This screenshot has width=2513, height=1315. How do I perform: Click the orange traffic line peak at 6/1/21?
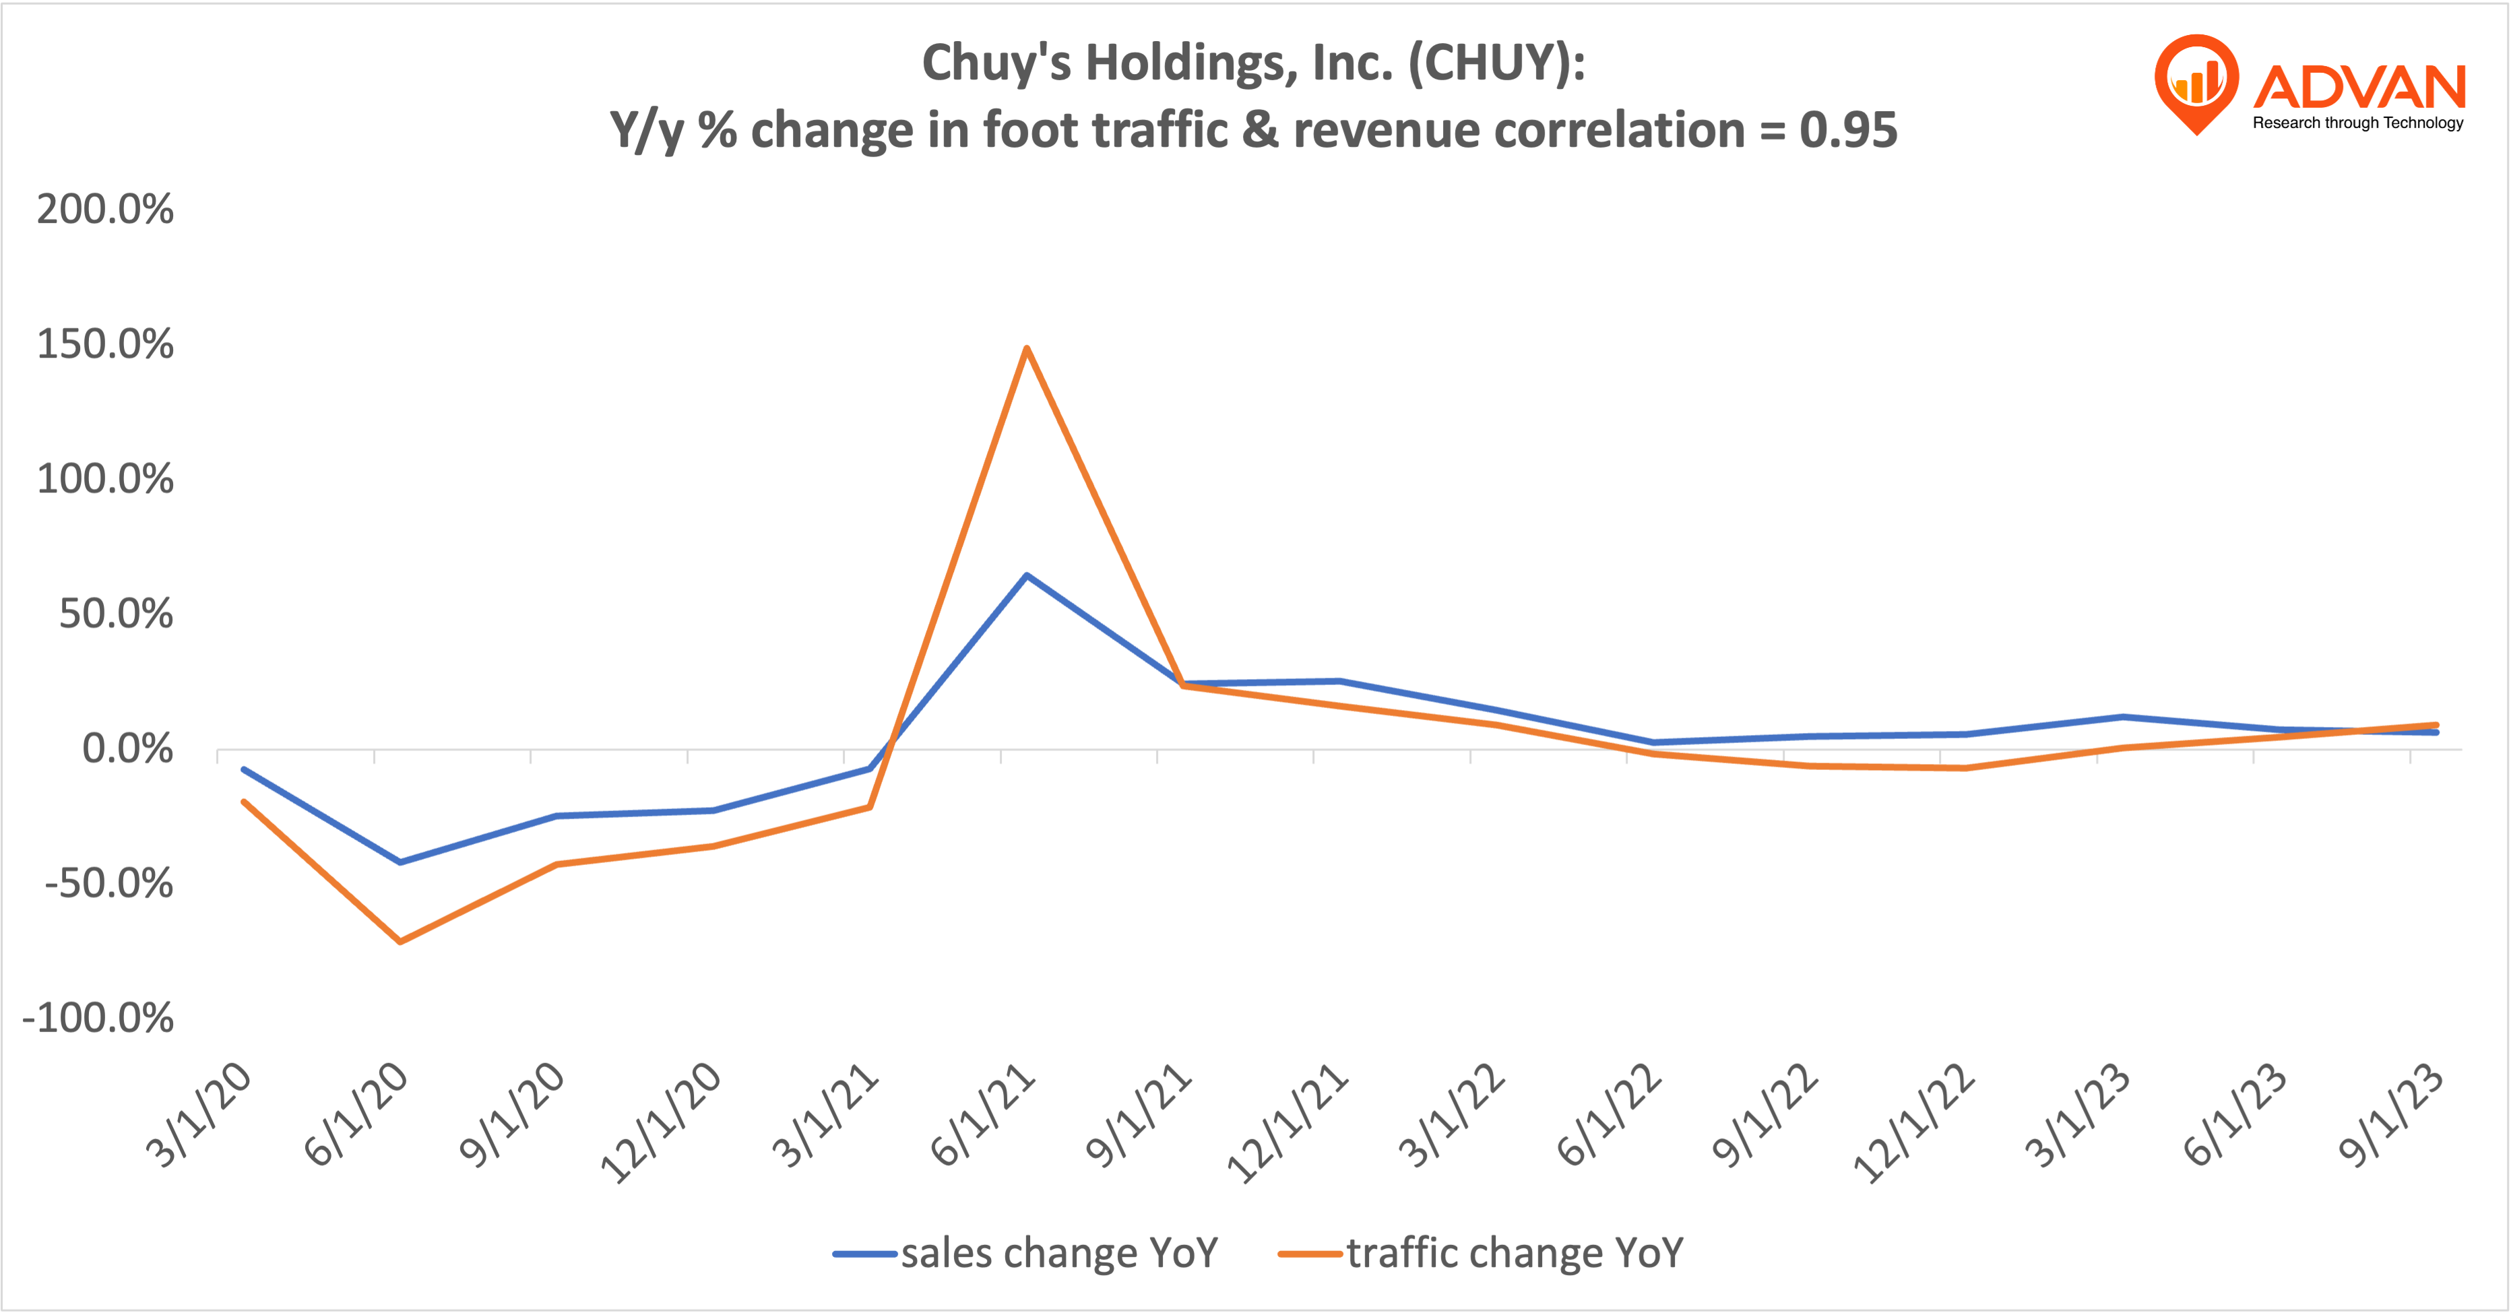coord(1026,348)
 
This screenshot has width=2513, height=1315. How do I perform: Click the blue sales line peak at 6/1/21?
coord(1026,575)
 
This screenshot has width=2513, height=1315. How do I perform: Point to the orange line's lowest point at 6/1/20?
coord(400,941)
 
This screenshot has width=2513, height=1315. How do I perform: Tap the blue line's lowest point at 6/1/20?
coord(400,862)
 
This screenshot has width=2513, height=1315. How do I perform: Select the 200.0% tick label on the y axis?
coord(105,210)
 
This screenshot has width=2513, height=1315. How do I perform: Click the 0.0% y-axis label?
coord(127,749)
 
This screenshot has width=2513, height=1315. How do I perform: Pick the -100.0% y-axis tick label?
coord(98,1019)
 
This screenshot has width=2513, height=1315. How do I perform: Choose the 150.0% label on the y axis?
coord(105,344)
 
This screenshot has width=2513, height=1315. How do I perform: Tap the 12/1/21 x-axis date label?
coord(1287,1124)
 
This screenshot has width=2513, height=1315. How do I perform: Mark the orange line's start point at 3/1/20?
coord(244,802)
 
